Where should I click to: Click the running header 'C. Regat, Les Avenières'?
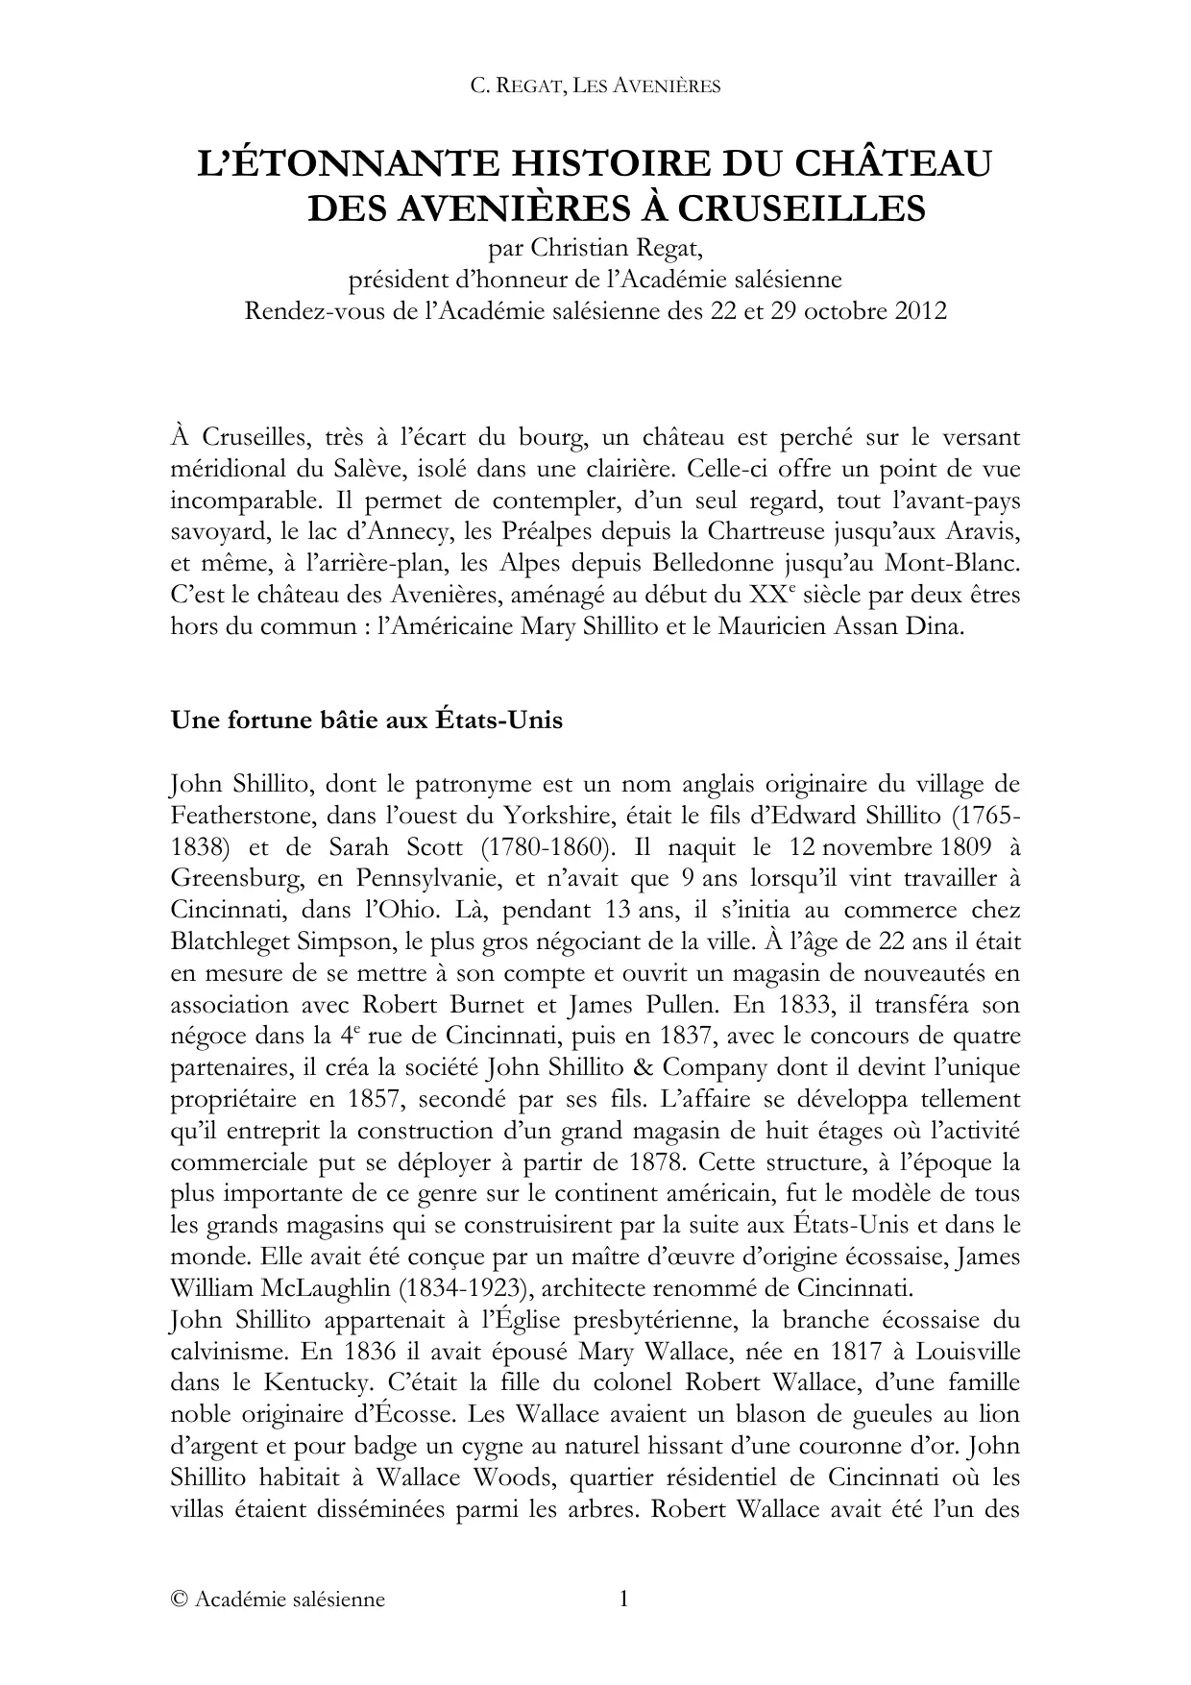click(x=595, y=86)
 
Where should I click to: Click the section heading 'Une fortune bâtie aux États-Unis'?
click(x=366, y=720)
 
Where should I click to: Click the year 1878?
click(x=657, y=1162)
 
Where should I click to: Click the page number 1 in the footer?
click(x=622, y=1600)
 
